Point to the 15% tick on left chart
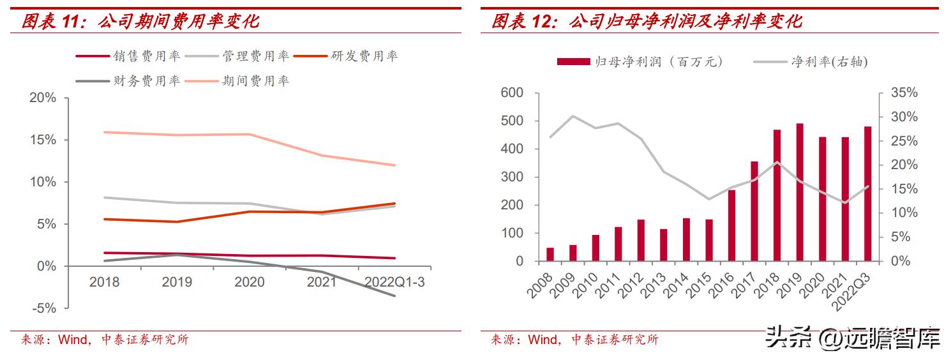pos(43,140)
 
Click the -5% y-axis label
pos(44,308)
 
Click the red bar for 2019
pos(800,192)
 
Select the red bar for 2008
pos(550,254)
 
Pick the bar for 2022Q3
pos(867,193)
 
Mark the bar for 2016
pos(731,225)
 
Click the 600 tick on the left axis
pos(513,93)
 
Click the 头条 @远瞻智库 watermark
pos(853,338)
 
